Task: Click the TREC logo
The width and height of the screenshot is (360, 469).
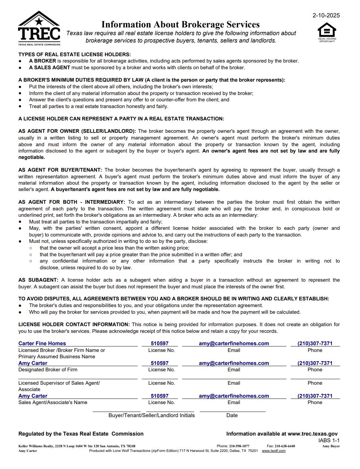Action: (x=39, y=28)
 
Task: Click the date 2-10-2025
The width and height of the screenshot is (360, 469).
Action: (x=326, y=15)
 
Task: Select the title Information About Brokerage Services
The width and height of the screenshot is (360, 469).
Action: (x=180, y=24)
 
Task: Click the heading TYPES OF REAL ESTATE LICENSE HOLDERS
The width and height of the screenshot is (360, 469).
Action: (x=74, y=55)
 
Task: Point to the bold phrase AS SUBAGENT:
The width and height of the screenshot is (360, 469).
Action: (x=38, y=280)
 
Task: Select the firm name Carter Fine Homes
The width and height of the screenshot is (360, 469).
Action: (x=42, y=344)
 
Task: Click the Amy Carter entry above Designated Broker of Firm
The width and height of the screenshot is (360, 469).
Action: (x=33, y=363)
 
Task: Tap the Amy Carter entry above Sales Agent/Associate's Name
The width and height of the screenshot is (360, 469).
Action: (x=33, y=396)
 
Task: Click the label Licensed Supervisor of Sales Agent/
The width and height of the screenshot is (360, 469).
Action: (x=59, y=383)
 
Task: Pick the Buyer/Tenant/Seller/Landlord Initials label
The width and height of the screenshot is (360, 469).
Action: (x=151, y=415)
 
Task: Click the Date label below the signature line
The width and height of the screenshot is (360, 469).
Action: (x=232, y=415)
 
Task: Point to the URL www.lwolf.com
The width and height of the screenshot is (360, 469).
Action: (x=273, y=451)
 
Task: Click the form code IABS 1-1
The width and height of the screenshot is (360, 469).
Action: (x=329, y=441)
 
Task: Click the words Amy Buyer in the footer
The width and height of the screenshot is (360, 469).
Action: (x=331, y=446)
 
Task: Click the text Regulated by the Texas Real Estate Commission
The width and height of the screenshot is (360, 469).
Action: (x=81, y=434)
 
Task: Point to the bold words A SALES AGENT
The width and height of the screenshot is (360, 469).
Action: (x=50, y=68)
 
